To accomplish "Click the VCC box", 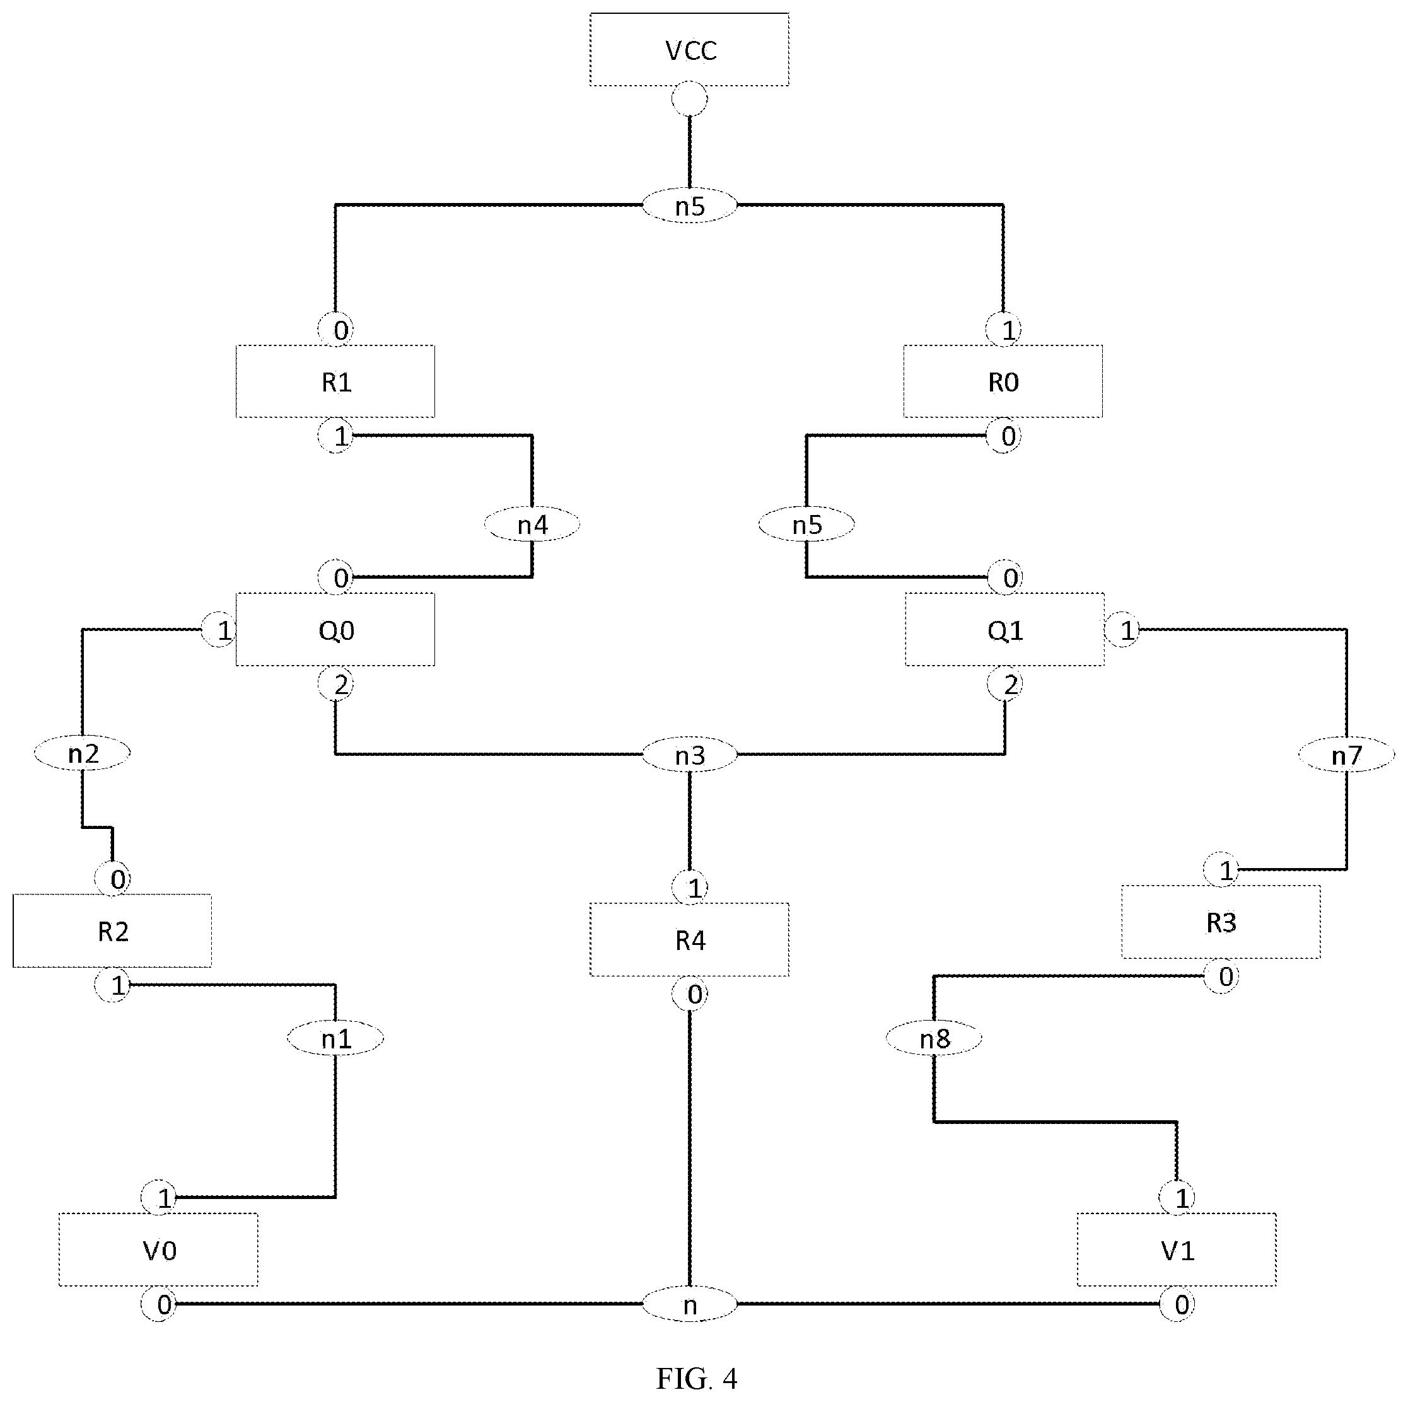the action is coord(689,50).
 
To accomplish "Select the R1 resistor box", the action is coord(335,381).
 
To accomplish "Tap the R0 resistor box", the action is coord(1003,381).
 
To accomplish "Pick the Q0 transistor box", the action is coord(335,629).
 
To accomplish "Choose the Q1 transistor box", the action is coord(1005,629).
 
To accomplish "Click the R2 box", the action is coord(112,930).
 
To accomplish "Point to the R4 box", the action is coord(689,939).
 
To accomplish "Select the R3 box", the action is coord(1221,922).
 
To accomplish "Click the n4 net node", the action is coord(532,524).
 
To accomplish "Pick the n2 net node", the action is coord(83,753).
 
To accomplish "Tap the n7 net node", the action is coord(1347,755).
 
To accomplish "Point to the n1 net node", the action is coord(335,1038).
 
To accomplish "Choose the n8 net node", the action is coord(934,1038).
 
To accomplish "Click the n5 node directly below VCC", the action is coord(689,206).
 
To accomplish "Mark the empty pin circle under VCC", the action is coord(689,99).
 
